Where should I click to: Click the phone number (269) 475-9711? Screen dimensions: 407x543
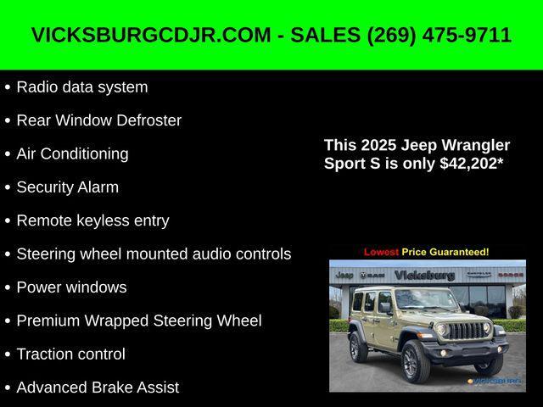[x=439, y=36]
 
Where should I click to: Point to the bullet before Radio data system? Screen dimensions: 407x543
[x=8, y=87]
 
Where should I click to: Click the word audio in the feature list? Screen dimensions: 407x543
[x=210, y=254]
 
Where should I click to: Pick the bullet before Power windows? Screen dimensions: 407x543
[x=8, y=287]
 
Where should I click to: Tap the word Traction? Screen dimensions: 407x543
[x=43, y=354]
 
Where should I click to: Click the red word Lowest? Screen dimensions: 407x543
[x=381, y=252]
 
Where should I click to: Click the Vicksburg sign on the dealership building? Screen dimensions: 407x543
[x=424, y=276]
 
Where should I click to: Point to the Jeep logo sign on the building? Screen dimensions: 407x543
[x=344, y=276]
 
